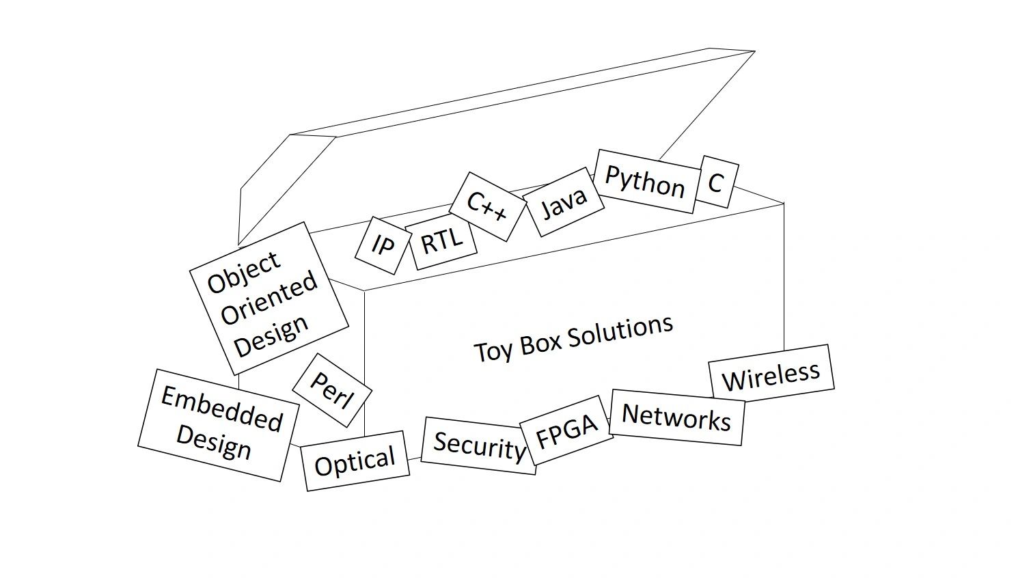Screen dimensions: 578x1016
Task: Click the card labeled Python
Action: coord(645,181)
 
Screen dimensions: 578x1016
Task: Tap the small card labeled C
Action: coord(716,182)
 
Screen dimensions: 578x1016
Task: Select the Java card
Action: coord(564,202)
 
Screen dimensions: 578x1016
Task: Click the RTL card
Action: coord(441,243)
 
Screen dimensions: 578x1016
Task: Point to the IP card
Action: coord(383,245)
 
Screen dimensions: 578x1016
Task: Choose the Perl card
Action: coord(331,390)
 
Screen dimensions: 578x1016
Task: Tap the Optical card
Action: coord(355,461)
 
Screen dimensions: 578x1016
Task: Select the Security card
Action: coord(479,445)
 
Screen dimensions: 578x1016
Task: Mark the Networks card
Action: coord(676,417)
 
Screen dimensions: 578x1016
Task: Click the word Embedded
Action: coord(221,409)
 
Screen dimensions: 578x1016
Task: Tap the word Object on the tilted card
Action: coord(244,272)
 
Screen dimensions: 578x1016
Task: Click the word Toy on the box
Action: coord(489,351)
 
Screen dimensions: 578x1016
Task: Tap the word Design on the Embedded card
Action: coord(213,443)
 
